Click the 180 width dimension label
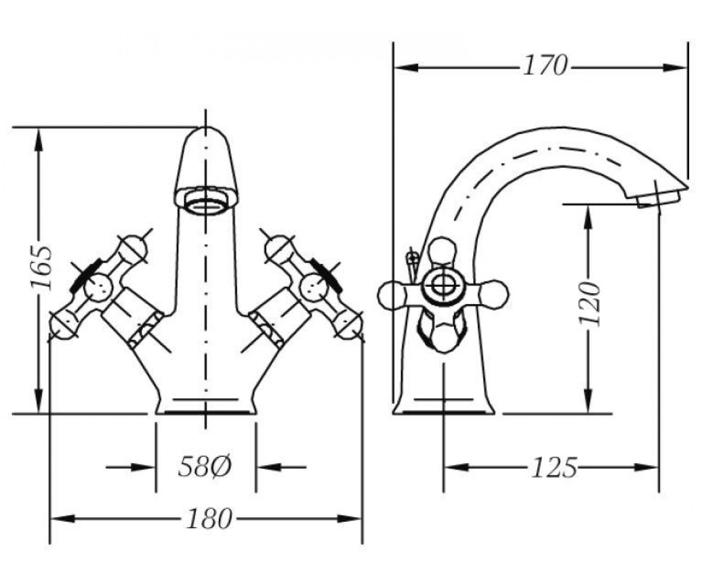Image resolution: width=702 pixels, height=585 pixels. pyautogui.click(x=209, y=519)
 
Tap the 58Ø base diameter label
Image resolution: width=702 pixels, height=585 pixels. pyautogui.click(x=205, y=467)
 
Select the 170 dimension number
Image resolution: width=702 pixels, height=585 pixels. pyautogui.click(x=545, y=66)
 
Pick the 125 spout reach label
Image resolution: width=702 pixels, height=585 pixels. pyautogui.click(x=554, y=467)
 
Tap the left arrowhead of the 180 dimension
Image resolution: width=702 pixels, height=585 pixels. pyautogui.click(x=62, y=519)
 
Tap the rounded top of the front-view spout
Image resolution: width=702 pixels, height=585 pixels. pyautogui.click(x=206, y=133)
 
